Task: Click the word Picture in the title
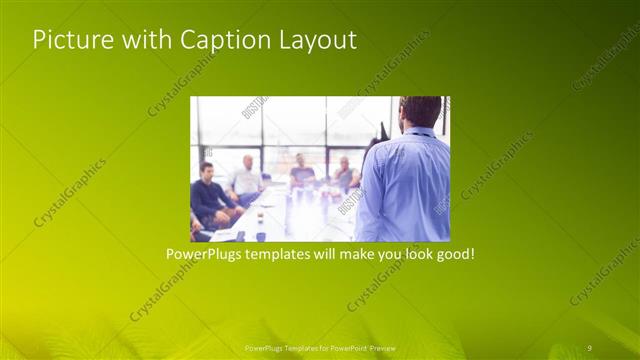[68, 41]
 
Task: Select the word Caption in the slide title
[218, 41]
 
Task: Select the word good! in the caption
[451, 255]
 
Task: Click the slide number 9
[590, 346]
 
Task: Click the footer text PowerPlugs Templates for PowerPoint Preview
[319, 347]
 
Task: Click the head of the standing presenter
[420, 112]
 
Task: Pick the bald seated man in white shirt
[246, 180]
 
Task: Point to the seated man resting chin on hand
[346, 173]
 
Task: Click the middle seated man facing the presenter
[300, 172]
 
